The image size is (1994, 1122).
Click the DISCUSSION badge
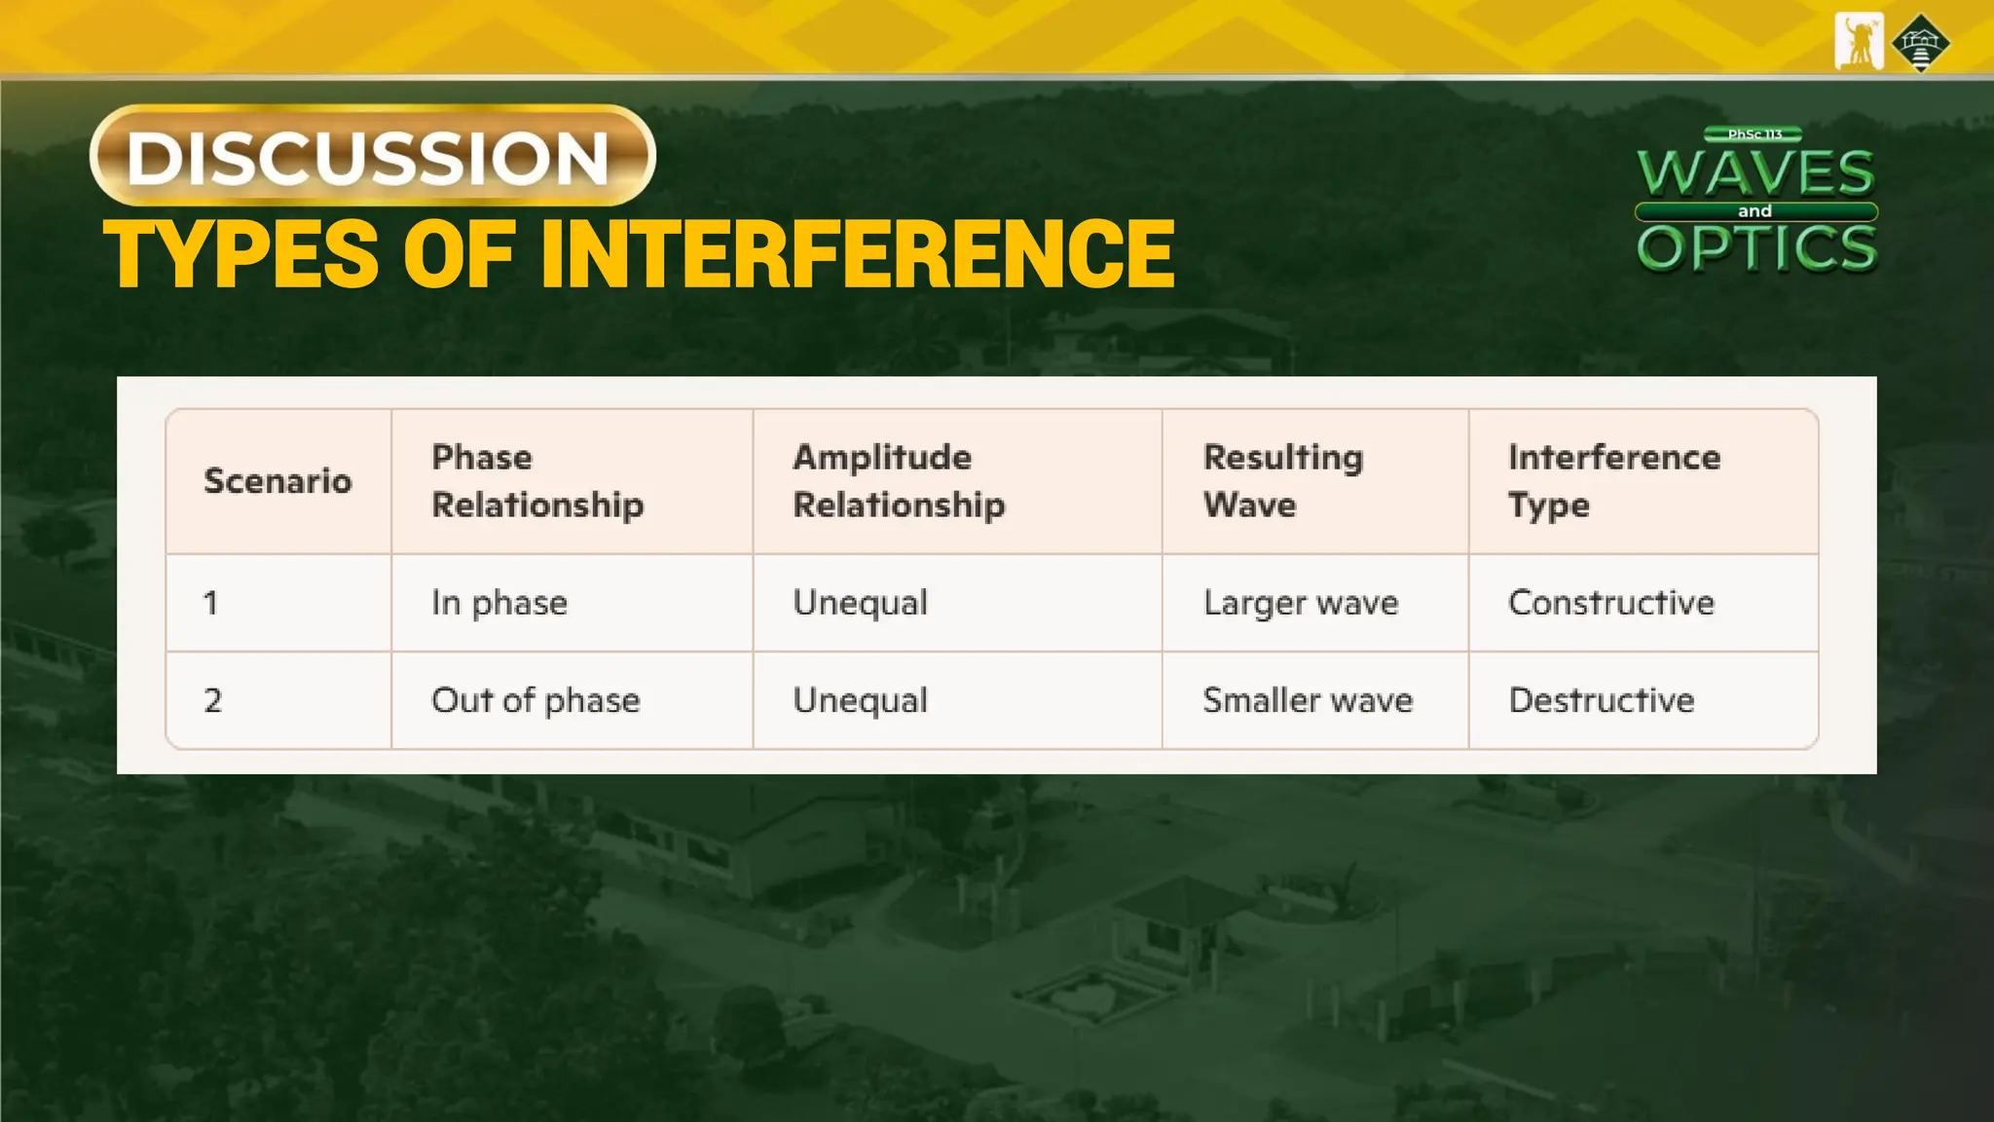372,156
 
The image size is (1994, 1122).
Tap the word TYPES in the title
240,254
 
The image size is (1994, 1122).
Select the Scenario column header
277,481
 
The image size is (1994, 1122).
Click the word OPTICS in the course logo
1757,248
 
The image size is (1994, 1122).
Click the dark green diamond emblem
1920,44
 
